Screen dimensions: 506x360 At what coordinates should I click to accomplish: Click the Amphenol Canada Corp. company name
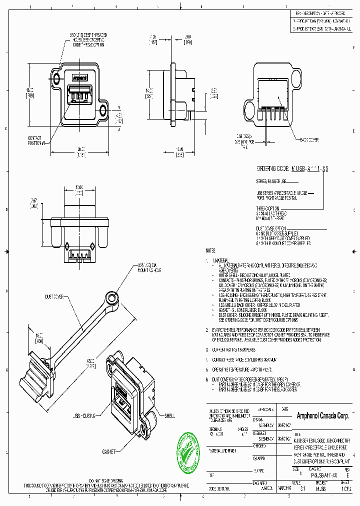pyautogui.click(x=322, y=416)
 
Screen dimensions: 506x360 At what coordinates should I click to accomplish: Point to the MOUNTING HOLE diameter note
pyautogui.click(x=148, y=268)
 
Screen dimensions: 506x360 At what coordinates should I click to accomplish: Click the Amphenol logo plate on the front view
pyautogui.click(x=80, y=78)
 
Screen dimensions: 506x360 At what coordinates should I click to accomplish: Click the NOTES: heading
pyautogui.click(x=211, y=250)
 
